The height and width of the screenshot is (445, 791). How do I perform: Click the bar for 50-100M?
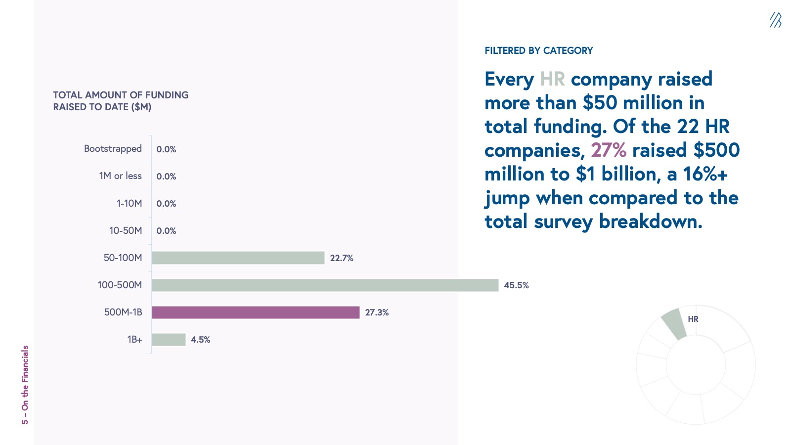(238, 258)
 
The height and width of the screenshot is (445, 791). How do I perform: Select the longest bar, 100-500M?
(325, 285)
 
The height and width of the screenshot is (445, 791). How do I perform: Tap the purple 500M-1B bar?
(256, 312)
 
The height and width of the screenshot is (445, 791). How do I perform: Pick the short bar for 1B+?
(169, 339)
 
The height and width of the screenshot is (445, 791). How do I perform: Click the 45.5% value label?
(516, 285)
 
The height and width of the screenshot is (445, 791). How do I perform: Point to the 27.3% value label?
(377, 312)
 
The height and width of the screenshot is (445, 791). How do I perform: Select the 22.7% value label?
(342, 258)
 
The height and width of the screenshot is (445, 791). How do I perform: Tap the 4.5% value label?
(200, 340)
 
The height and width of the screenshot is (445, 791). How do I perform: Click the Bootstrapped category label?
(113, 149)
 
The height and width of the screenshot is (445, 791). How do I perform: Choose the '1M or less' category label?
(120, 176)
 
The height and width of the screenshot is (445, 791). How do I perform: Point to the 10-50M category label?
(126, 230)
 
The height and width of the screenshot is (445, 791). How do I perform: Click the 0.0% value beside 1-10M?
(166, 204)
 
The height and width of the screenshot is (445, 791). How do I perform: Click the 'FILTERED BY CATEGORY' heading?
(538, 50)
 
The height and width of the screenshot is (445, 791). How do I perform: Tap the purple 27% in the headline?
(608, 150)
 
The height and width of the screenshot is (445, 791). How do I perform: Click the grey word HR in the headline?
(552, 79)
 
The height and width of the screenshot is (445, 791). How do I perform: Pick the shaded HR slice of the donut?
(674, 324)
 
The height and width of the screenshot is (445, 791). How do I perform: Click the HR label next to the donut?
(693, 319)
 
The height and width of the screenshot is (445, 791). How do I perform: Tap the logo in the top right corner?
(775, 20)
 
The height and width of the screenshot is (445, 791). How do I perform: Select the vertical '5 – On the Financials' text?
(25, 385)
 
